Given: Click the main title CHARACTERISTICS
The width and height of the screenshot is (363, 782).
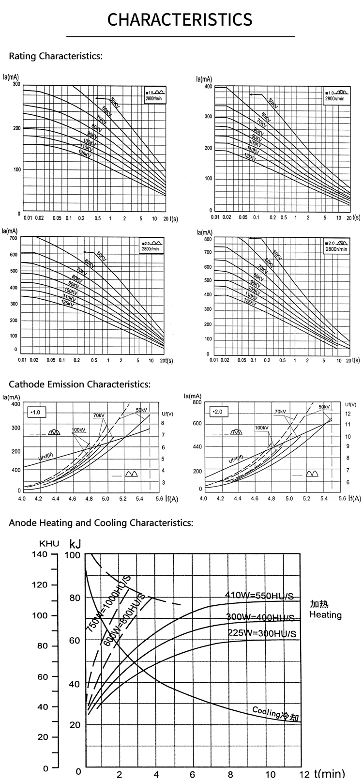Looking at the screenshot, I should coord(180,19).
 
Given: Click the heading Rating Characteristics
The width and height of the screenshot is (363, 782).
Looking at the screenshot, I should coord(56,56).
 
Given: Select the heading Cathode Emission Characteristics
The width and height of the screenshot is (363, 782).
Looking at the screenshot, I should coord(80,384).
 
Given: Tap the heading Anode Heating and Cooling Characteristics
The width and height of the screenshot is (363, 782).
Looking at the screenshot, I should coord(101,522).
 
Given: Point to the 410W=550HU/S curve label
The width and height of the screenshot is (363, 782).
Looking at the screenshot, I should coord(260,596).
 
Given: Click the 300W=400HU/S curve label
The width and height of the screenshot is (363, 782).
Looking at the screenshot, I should coord(260,617).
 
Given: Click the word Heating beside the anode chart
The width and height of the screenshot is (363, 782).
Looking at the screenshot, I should coord(325,615).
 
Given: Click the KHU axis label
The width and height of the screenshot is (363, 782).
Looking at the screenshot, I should coord(49,543).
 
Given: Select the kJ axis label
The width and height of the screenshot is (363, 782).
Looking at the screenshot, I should coord(75,543).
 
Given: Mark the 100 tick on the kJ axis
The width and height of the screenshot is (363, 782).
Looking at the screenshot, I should coord(72,555).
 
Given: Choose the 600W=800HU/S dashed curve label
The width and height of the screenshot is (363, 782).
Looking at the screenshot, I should coord(125,620).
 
